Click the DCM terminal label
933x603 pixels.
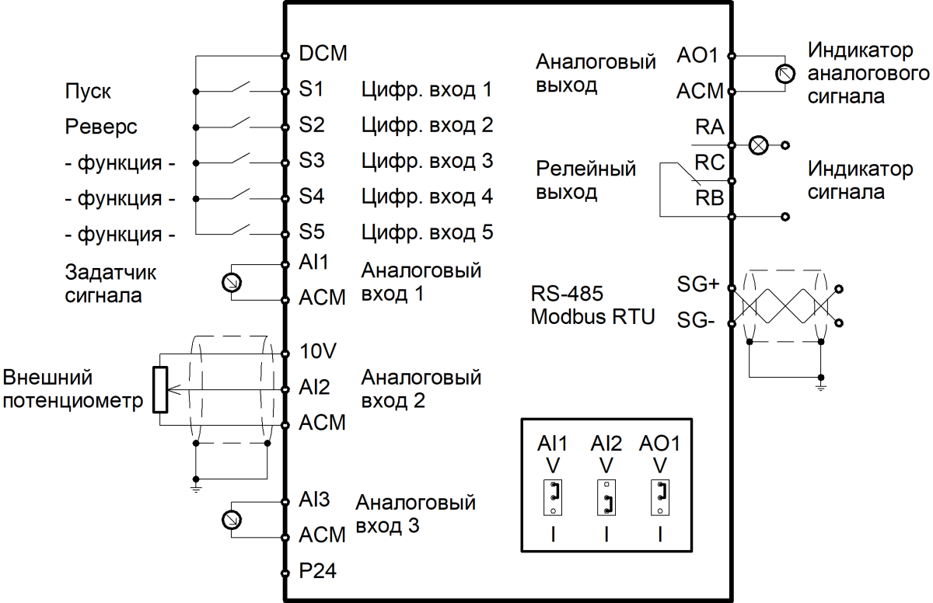[x=323, y=54]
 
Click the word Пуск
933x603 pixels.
[x=88, y=92]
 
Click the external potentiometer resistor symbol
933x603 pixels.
[x=160, y=389]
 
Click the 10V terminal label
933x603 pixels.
[x=317, y=350]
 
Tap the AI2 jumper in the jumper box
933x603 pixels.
[x=606, y=499]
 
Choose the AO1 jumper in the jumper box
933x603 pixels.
[x=659, y=499]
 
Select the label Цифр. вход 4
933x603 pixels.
[x=427, y=197]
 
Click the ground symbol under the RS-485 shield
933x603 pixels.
[x=820, y=383]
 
